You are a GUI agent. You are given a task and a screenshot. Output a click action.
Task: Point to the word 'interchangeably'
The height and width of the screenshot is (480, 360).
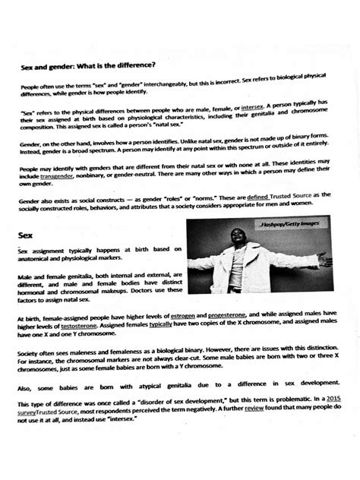point(163,87)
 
